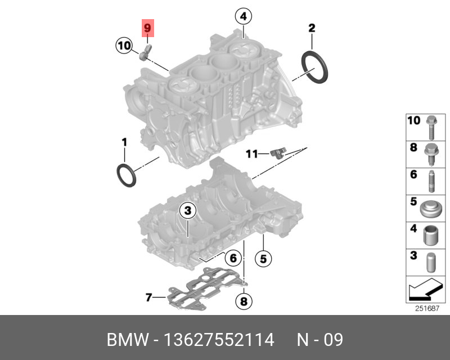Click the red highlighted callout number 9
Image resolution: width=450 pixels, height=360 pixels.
pos(147,28)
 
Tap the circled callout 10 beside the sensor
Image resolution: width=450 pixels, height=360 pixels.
pos(124,46)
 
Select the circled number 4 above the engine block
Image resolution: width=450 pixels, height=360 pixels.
pos(244,16)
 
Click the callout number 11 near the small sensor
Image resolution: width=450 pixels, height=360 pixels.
pos(252,154)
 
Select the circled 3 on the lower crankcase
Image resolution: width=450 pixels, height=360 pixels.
pos(188,210)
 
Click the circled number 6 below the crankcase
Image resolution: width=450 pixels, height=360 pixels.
pos(233,258)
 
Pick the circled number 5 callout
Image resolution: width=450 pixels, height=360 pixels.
pos(263,259)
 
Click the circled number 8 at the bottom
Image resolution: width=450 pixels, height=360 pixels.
pos(244,301)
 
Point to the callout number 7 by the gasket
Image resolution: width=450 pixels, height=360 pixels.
pos(148,298)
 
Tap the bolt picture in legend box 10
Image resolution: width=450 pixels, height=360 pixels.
pos(431,128)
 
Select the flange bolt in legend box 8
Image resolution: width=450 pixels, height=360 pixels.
pos(431,154)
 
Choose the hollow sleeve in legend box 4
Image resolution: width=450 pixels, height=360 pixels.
pos(430,236)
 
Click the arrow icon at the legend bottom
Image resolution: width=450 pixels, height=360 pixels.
pos(425,289)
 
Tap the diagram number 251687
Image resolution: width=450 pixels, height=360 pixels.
pos(427,308)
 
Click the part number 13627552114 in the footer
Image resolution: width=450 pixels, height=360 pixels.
pos(219,340)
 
